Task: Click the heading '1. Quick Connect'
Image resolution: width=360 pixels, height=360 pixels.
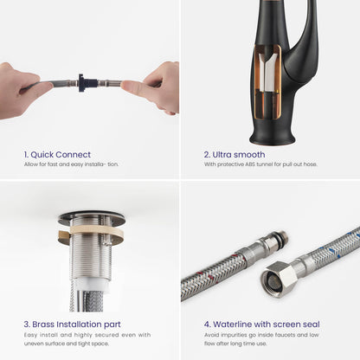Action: coord(57,155)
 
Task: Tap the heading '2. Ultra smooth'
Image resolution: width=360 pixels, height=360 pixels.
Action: coord(235,155)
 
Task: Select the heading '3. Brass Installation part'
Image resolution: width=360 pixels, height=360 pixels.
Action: coord(72,325)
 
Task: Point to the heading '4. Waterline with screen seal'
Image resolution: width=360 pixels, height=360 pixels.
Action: coord(262,325)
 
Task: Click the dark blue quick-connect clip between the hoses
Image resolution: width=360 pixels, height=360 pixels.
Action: coord(82,83)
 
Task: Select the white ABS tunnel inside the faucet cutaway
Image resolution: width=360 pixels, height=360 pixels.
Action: coord(267,72)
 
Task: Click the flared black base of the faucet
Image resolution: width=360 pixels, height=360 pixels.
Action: coord(272,136)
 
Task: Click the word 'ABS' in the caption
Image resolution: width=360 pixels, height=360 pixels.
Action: coord(250,164)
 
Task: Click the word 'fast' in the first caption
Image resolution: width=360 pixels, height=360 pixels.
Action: coord(53,164)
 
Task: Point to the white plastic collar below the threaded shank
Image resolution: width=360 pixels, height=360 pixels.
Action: coord(91,285)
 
